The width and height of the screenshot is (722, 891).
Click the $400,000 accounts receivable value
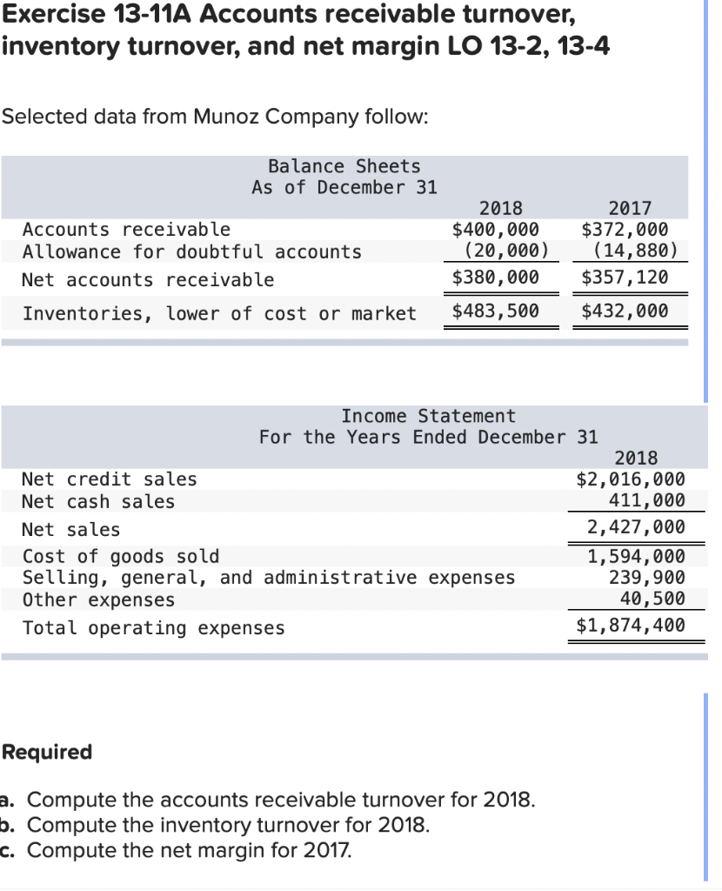tap(496, 230)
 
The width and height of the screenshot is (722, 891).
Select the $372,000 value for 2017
tap(625, 230)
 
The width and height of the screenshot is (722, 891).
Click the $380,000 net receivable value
tap(496, 278)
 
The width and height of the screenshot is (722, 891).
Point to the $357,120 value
tap(625, 278)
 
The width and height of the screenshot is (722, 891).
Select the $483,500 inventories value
tap(496, 311)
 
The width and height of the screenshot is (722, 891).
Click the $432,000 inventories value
tap(625, 311)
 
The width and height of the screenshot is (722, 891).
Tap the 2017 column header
tap(630, 208)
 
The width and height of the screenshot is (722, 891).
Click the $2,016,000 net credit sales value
tap(631, 479)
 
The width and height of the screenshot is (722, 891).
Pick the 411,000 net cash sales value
tap(646, 500)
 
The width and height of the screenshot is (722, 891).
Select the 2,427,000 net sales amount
tap(636, 527)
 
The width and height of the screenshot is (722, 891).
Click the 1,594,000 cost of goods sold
tap(636, 557)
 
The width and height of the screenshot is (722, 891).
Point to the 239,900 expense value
tap(646, 578)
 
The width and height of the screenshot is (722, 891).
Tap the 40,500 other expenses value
tap(652, 599)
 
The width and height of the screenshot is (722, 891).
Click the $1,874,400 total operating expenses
tap(631, 625)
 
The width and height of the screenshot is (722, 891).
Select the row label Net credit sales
tap(110, 479)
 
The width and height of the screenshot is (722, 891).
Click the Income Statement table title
tap(428, 417)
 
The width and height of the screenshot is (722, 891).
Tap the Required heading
tap(48, 752)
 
